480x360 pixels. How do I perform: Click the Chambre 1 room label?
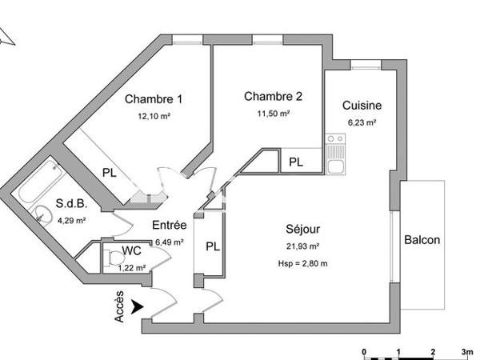(154, 100)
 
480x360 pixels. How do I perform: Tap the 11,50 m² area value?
(274, 114)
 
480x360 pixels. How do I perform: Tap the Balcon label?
(422, 240)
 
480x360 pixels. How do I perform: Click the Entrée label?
(169, 226)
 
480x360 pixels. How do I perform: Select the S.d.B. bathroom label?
(70, 203)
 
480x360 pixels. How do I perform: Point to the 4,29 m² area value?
(70, 220)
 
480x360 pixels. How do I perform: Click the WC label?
(132, 251)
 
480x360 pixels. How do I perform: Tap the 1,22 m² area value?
(132, 267)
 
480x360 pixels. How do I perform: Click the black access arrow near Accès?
(139, 305)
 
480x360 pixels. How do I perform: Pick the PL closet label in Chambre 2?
(296, 162)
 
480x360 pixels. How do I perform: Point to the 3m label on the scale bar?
(467, 351)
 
